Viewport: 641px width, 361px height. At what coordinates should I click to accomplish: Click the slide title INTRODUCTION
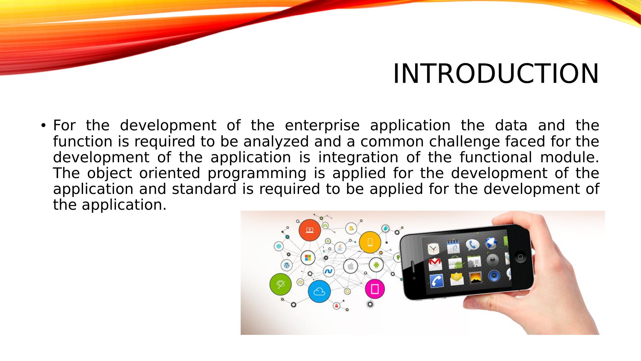point(496,74)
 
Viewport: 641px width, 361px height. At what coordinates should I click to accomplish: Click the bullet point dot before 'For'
point(43,125)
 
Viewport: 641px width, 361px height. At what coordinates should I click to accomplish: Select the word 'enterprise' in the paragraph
point(322,126)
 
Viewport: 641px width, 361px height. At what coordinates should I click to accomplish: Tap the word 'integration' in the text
point(358,157)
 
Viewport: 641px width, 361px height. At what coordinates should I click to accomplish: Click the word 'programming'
point(256,173)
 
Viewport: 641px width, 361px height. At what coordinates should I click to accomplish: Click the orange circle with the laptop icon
point(310,230)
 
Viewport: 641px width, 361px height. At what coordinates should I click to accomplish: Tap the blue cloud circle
point(319,292)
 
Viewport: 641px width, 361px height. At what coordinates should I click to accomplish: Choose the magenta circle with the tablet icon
point(375,289)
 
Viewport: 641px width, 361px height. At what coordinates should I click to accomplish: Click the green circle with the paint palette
point(281,284)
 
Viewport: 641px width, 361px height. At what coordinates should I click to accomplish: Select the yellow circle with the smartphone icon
point(370,242)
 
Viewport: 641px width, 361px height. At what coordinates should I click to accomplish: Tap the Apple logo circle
point(351,266)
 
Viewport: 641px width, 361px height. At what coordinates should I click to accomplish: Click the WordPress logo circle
point(286,265)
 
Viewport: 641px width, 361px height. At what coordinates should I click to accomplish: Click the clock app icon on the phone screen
point(433,249)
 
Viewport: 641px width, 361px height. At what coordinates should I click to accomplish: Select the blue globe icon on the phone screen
point(491,243)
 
